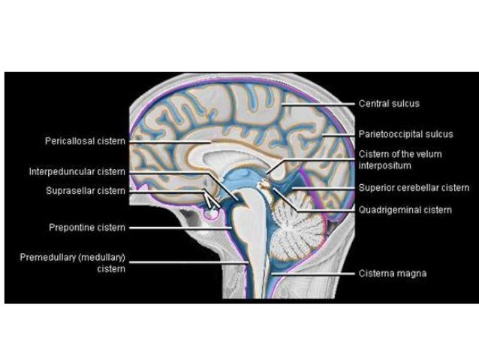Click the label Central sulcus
coord(389,104)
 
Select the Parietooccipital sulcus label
coord(405,135)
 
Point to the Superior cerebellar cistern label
coord(414,188)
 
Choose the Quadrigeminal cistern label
coord(405,210)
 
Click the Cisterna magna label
coord(392,274)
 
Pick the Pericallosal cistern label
coord(84,141)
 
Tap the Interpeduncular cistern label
coord(78,172)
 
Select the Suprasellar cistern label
coord(85,191)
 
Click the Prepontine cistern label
coord(86,227)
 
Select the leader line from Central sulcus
coord(323,104)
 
